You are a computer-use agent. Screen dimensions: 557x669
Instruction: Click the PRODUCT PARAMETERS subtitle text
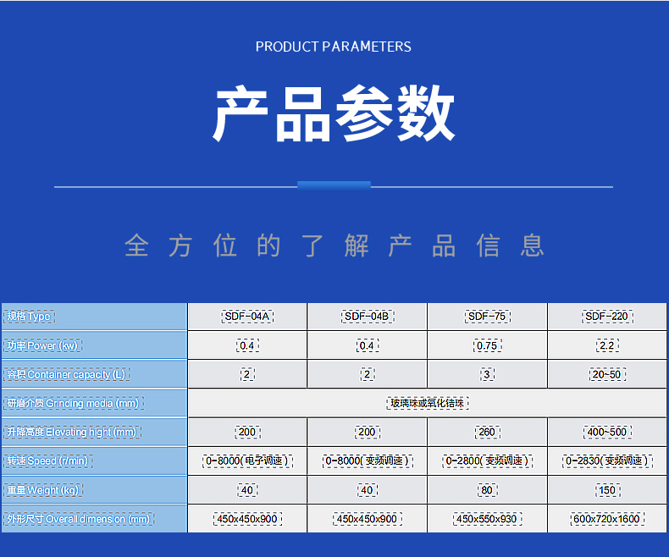(334, 47)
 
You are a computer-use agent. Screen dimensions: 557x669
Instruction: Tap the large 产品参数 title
(334, 113)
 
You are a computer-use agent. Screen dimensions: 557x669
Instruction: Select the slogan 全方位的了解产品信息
(334, 245)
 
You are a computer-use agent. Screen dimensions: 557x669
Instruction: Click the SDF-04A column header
(247, 317)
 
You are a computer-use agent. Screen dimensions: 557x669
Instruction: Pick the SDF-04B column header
(367, 317)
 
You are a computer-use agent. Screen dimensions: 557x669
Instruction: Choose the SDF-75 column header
(487, 317)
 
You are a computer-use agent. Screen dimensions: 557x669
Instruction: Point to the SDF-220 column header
(607, 317)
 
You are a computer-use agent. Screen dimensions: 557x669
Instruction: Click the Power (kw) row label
(42, 345)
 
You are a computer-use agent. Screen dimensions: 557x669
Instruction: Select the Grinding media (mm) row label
(72, 404)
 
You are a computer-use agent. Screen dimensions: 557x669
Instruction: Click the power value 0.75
(487, 345)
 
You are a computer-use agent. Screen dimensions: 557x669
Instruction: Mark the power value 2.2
(607, 345)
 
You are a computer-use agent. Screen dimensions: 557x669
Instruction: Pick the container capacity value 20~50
(607, 374)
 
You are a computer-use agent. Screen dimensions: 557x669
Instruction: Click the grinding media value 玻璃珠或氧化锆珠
(427, 404)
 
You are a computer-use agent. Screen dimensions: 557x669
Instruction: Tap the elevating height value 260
(487, 433)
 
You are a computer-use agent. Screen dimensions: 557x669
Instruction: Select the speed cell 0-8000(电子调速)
(247, 461)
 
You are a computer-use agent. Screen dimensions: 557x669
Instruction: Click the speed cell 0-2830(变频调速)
(607, 461)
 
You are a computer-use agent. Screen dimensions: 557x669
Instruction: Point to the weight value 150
(607, 490)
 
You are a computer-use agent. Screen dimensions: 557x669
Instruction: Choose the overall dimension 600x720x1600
(607, 519)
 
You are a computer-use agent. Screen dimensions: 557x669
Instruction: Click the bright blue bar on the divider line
(334, 185)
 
